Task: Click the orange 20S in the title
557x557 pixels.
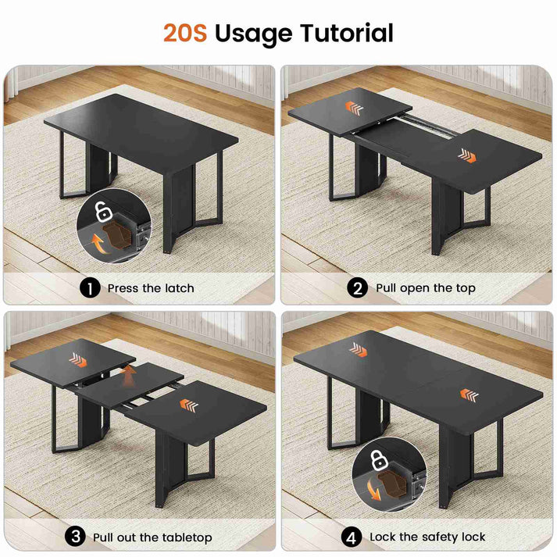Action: pyautogui.click(x=185, y=33)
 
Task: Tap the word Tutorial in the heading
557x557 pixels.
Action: pyautogui.click(x=347, y=33)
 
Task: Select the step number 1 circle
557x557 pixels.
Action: pyautogui.click(x=90, y=287)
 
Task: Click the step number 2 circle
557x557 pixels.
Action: pyautogui.click(x=357, y=287)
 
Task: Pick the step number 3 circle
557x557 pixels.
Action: pyautogui.click(x=75, y=537)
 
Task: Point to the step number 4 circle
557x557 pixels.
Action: pyautogui.click(x=352, y=537)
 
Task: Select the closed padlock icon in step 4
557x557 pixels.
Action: pyautogui.click(x=379, y=459)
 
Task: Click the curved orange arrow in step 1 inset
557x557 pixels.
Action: pyautogui.click(x=98, y=243)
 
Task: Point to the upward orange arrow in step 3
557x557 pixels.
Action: pyautogui.click(x=128, y=376)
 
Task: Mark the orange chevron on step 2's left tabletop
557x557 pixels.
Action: pyautogui.click(x=354, y=109)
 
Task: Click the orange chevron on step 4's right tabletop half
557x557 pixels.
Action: pyautogui.click(x=469, y=395)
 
